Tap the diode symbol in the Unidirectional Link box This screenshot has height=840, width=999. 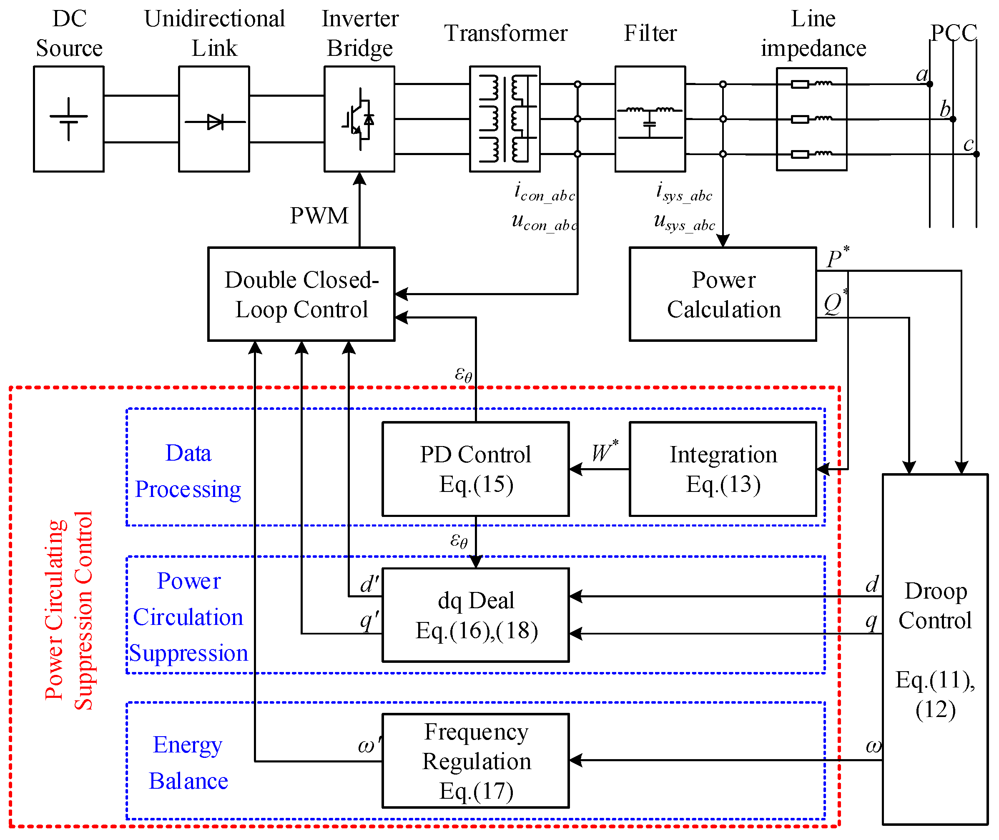tap(215, 122)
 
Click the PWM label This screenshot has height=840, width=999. tap(319, 216)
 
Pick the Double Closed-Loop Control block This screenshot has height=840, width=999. tap(301, 294)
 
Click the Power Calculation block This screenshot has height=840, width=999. tap(723, 294)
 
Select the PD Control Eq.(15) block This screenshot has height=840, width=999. tap(475, 469)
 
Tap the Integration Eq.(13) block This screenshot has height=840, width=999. tap(723, 469)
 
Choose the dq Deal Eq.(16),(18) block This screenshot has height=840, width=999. tap(475, 615)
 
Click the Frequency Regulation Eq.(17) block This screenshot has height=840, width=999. tap(475, 760)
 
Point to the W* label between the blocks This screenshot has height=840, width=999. tap(604, 451)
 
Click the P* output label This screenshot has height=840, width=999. tap(837, 258)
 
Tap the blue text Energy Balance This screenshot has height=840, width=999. tap(188, 762)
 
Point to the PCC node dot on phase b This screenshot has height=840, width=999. tap(953, 119)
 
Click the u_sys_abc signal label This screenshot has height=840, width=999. tap(684, 222)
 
